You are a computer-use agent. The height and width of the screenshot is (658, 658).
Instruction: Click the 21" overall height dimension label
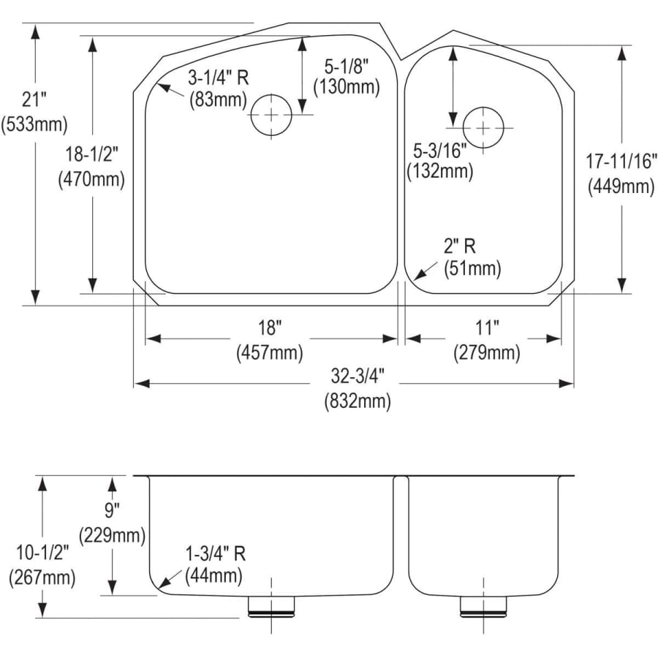click(x=34, y=100)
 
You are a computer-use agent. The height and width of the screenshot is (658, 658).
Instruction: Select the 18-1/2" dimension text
click(x=91, y=154)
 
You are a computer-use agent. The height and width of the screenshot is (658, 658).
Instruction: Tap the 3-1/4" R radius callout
click(x=218, y=77)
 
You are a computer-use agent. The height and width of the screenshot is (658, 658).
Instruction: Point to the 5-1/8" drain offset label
click(x=347, y=67)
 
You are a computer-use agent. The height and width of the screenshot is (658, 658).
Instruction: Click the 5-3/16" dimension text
click(x=440, y=151)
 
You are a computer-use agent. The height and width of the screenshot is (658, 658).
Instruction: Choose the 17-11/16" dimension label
click(x=621, y=162)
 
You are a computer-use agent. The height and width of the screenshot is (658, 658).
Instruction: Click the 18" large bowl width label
click(x=269, y=328)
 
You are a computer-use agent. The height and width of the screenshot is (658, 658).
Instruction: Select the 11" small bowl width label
click(x=486, y=328)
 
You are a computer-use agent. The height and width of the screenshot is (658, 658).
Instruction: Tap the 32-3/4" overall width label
click(x=358, y=376)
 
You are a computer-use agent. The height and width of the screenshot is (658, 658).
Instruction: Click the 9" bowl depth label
click(x=112, y=510)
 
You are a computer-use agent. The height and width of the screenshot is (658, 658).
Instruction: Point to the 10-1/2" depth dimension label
click(x=42, y=553)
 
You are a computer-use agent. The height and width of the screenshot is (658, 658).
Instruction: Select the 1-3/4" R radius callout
click(x=216, y=554)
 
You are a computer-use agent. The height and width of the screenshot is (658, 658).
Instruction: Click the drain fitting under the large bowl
click(x=271, y=606)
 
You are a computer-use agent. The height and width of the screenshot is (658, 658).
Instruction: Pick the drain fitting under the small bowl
click(x=483, y=606)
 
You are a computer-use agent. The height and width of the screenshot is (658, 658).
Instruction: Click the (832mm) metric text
click(x=358, y=401)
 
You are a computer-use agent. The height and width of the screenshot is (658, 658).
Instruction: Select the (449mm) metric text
click(x=621, y=186)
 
